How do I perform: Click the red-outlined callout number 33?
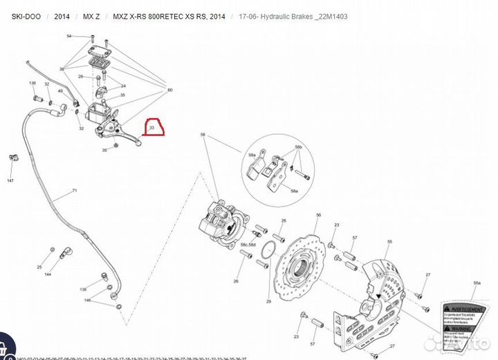click(151, 127)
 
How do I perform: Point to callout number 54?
click(69, 36)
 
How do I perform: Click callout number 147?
click(10, 180)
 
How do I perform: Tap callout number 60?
click(170, 90)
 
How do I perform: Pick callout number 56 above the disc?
click(319, 216)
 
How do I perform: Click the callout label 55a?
click(476, 283)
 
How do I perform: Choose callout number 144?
click(48, 274)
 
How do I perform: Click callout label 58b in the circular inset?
click(299, 148)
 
